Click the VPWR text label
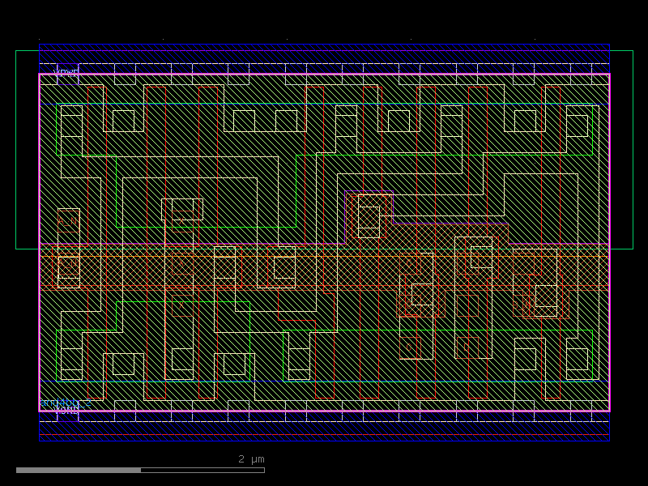point(66,72)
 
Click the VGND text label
point(66,411)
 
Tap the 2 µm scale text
point(251,459)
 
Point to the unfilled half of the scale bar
point(202,470)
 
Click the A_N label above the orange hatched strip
point(67,220)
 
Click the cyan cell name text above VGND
point(65,402)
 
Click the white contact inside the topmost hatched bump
point(369,216)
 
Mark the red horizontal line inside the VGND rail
point(324,436)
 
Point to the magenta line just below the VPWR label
point(324,75)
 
